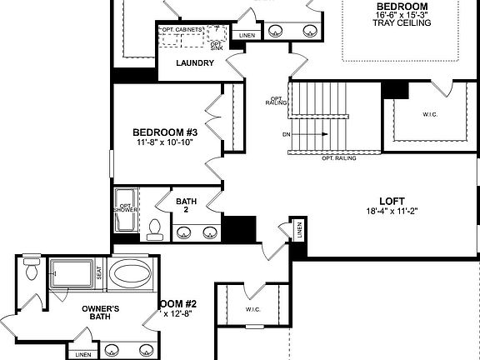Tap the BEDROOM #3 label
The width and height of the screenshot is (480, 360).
click(x=165, y=132)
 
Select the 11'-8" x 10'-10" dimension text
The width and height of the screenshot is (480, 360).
click(x=165, y=143)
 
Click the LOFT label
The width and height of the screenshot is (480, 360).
click(x=392, y=201)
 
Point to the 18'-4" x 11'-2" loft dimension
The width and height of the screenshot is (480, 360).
click(x=392, y=212)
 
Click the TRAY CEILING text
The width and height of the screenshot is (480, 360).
click(x=402, y=23)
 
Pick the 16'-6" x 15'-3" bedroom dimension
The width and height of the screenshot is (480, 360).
click(x=402, y=14)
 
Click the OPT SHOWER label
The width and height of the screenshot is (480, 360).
click(x=126, y=209)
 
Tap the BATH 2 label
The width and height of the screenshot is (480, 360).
click(x=186, y=206)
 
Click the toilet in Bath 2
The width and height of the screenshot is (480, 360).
click(x=153, y=227)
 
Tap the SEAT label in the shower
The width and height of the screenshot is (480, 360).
click(x=99, y=272)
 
